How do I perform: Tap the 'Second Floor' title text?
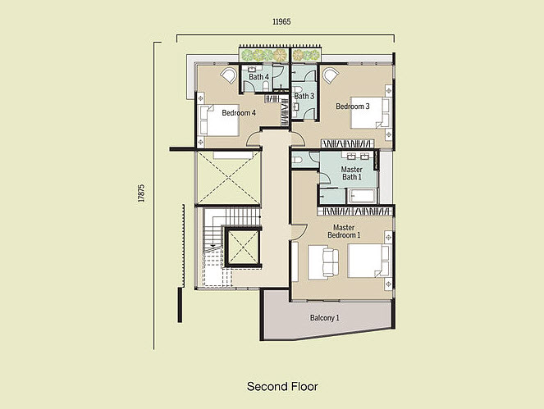pos(281,385)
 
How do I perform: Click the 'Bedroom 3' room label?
pos(352,106)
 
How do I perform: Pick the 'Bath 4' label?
pos(258,77)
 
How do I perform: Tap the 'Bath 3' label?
pos(304,96)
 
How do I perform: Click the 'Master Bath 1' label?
pos(351,173)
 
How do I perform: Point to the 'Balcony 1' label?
pos(324,317)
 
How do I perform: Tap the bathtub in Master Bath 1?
pos(362,196)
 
